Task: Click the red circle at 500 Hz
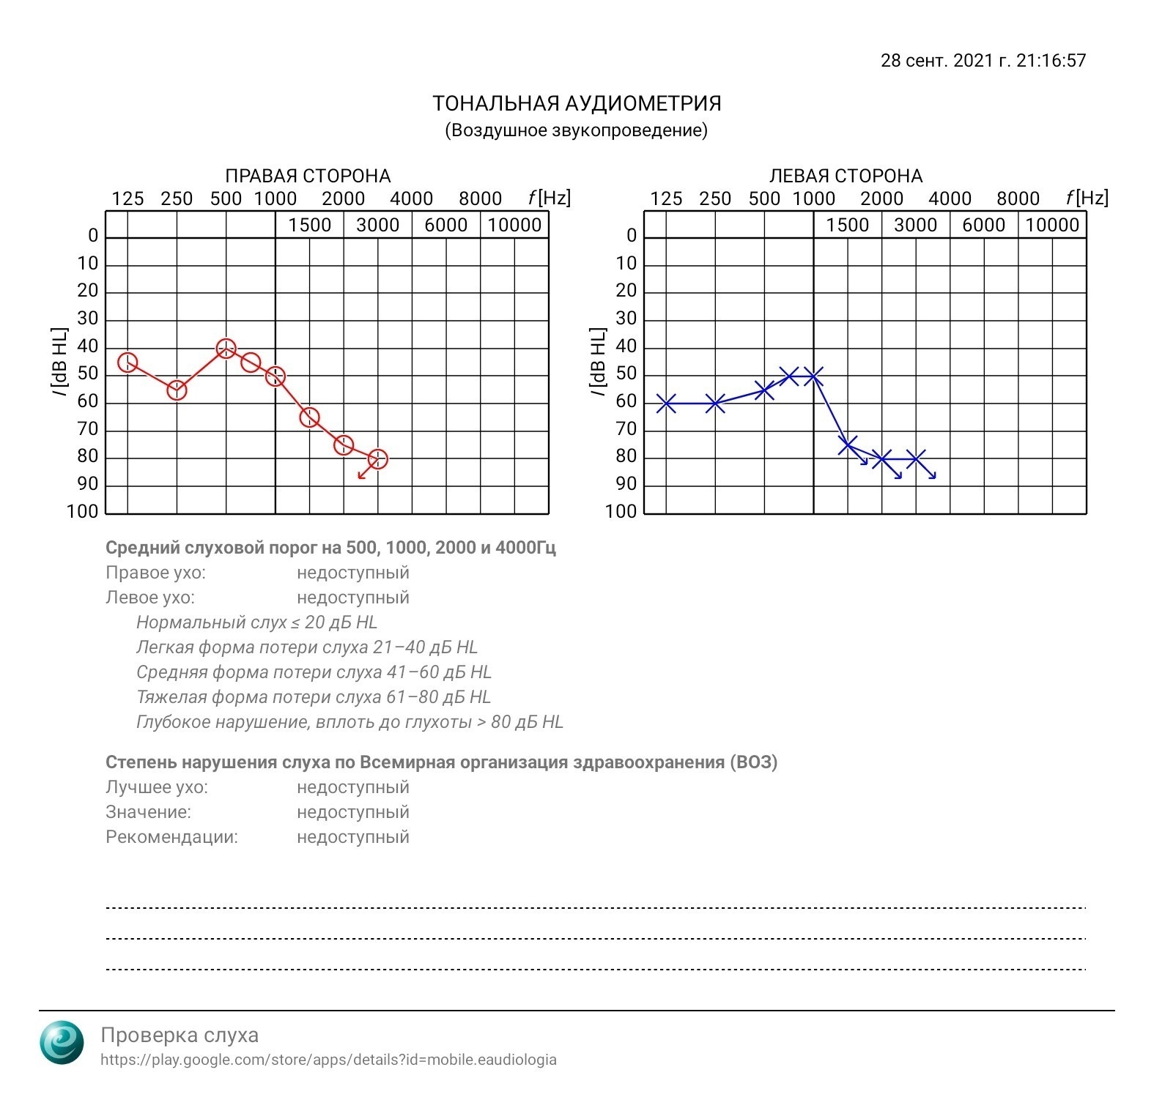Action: click(x=226, y=349)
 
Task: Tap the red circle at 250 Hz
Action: click(x=177, y=390)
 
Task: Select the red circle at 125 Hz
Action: click(x=127, y=362)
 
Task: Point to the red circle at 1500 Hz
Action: click(x=310, y=417)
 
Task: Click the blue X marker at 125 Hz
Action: click(x=666, y=403)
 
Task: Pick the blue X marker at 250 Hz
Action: click(x=715, y=403)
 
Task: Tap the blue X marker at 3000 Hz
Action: click(x=916, y=459)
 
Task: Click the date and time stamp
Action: click(x=983, y=61)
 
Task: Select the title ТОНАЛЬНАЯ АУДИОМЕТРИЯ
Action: click(x=577, y=104)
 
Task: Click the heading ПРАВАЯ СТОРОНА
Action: click(x=308, y=176)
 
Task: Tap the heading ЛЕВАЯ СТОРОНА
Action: click(x=846, y=176)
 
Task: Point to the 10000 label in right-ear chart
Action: click(x=514, y=226)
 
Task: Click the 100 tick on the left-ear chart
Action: click(x=621, y=512)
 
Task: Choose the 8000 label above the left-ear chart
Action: click(x=1018, y=199)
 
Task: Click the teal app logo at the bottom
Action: click(x=62, y=1041)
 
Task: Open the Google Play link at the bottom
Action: click(x=328, y=1060)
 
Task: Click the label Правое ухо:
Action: click(x=155, y=573)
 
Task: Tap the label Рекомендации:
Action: click(x=171, y=837)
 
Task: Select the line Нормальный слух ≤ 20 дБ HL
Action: click(x=256, y=622)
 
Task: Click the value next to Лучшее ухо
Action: click(x=352, y=787)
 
